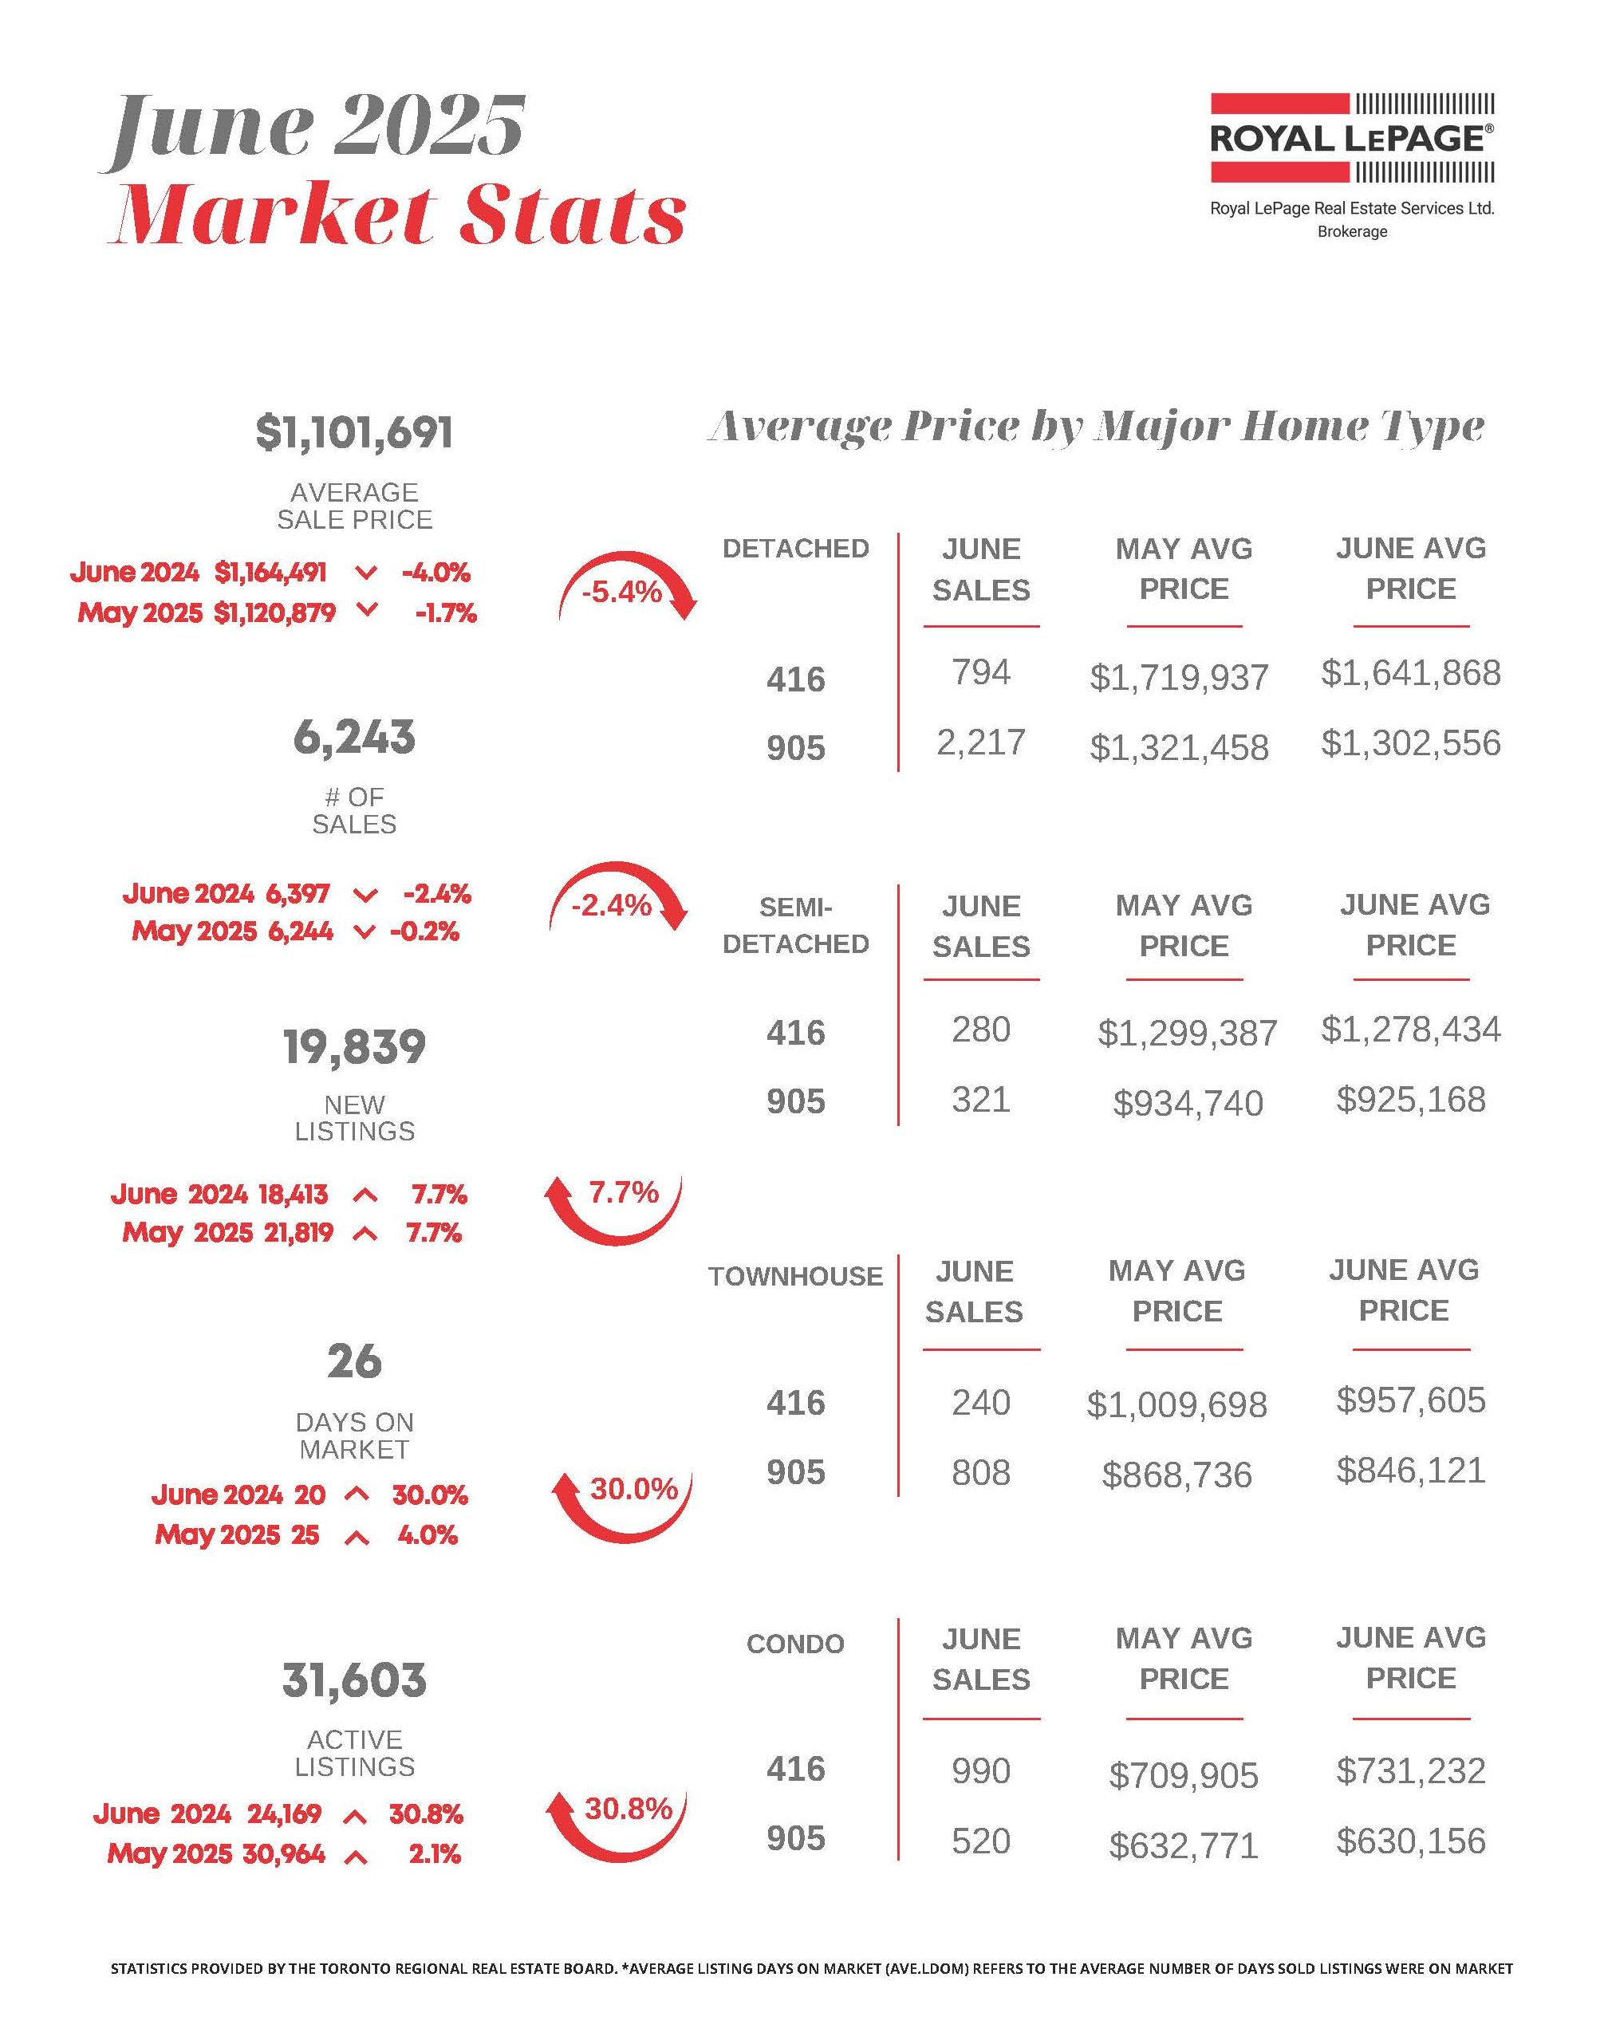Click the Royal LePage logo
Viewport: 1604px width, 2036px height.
pyautogui.click(x=1351, y=138)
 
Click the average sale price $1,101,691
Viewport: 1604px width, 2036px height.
pyautogui.click(x=354, y=433)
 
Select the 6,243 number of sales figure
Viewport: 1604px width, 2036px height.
pyautogui.click(x=354, y=737)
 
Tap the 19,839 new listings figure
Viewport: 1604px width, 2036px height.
pyautogui.click(x=354, y=1046)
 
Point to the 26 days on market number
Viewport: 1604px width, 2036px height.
pyautogui.click(x=354, y=1361)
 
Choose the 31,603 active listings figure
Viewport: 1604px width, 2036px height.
pyautogui.click(x=354, y=1680)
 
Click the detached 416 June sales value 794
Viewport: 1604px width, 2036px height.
pyautogui.click(x=980, y=672)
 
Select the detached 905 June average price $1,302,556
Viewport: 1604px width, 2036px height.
pyautogui.click(x=1410, y=744)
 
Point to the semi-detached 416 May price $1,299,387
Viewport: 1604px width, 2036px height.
pyautogui.click(x=1187, y=1033)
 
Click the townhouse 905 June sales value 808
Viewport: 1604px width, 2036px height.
pyautogui.click(x=980, y=1472)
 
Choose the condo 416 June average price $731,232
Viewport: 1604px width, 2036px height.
pyautogui.click(x=1410, y=1771)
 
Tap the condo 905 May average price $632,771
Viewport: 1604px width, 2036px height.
pyautogui.click(x=1184, y=1845)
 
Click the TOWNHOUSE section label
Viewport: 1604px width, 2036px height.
pyautogui.click(x=795, y=1276)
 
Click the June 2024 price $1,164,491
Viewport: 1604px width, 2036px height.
pyautogui.click(x=270, y=572)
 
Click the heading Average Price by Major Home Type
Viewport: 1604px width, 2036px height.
pyautogui.click(x=1095, y=427)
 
